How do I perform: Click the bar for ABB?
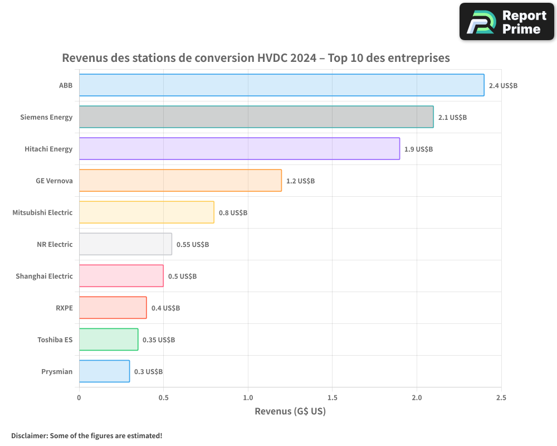point(281,85)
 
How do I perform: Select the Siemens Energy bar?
point(256,117)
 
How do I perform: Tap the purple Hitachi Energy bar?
point(240,149)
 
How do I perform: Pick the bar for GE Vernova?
point(180,181)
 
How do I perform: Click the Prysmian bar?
point(104,371)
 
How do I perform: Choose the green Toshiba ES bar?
point(109,340)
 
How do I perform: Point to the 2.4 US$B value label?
point(503,86)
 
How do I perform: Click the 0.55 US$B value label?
point(193,245)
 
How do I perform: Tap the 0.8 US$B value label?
point(233,213)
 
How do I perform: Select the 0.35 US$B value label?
point(159,340)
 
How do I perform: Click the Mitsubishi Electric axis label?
point(42,212)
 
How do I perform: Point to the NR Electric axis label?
point(55,244)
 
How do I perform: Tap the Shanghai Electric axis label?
point(44,276)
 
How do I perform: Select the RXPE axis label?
point(64,308)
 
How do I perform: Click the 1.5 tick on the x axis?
point(332,397)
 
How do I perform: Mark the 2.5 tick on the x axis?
point(501,397)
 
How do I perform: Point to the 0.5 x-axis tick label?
point(163,397)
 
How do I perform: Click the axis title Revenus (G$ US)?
point(290,411)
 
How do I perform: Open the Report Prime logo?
point(506,22)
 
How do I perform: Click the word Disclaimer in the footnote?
point(28,435)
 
